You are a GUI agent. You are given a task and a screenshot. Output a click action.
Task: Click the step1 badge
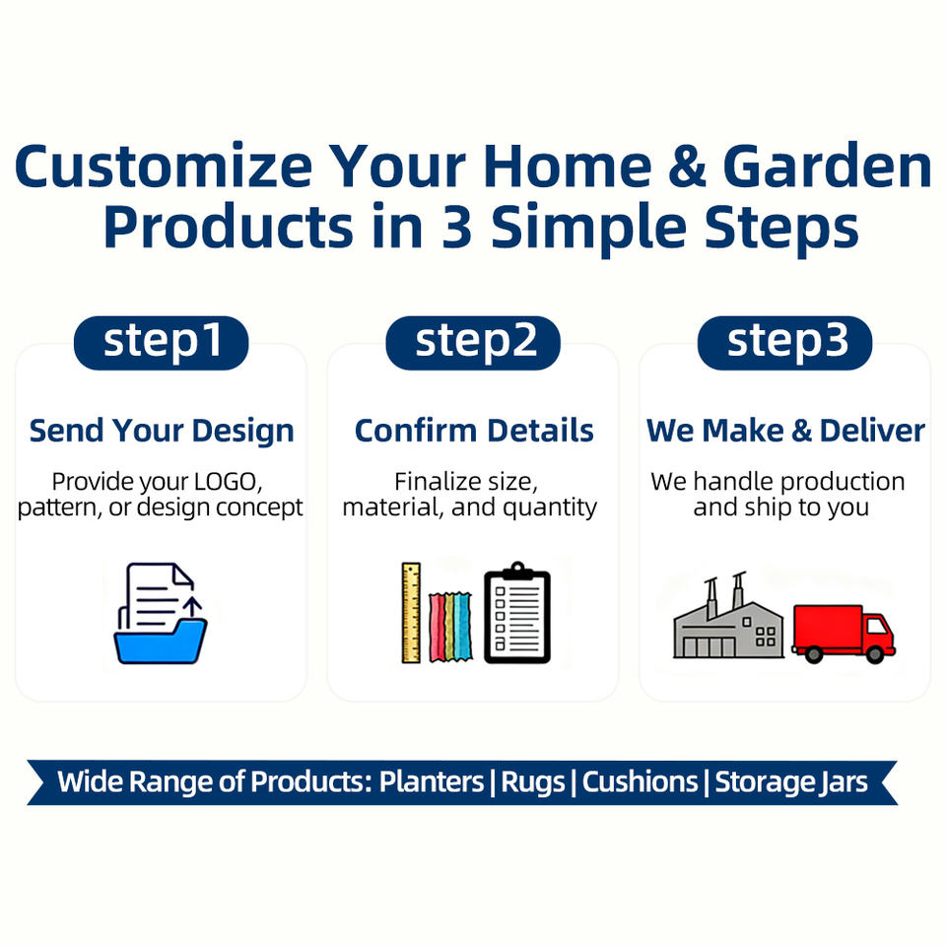(x=161, y=343)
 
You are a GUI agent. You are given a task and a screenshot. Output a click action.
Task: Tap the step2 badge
(x=473, y=343)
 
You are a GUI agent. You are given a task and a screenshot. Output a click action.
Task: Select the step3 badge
(x=785, y=343)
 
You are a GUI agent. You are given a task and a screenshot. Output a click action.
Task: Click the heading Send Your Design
(x=162, y=432)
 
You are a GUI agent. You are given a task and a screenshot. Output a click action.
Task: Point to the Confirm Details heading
(x=474, y=431)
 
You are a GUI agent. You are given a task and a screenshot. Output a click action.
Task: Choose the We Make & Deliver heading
(x=785, y=431)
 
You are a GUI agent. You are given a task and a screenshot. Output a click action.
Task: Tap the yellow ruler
(x=412, y=613)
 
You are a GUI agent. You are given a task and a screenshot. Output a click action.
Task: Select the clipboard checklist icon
(x=517, y=612)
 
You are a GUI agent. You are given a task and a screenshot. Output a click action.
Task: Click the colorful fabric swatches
(x=450, y=627)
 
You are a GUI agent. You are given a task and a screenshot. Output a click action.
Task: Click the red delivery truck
(x=844, y=634)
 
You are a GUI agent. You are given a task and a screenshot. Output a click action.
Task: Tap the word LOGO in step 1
(x=228, y=482)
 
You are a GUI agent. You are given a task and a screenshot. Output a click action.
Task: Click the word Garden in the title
(x=827, y=166)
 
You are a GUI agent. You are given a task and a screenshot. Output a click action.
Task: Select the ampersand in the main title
(x=687, y=166)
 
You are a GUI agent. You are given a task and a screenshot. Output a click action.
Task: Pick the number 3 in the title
(x=456, y=227)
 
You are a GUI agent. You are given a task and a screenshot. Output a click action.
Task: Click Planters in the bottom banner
(x=432, y=781)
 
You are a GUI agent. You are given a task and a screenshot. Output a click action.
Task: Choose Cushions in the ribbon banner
(x=641, y=781)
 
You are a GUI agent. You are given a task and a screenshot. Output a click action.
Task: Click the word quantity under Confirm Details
(x=550, y=508)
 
